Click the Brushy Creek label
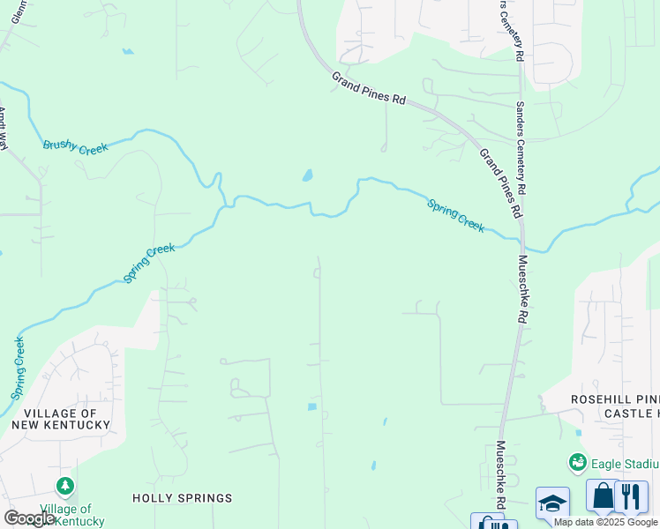[x=75, y=147]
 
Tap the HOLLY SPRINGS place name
[x=183, y=498]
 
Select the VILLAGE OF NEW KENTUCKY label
[x=61, y=419]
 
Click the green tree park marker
[x=64, y=485]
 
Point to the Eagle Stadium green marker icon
[x=578, y=461]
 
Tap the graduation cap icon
[x=552, y=503]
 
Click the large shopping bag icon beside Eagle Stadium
[x=604, y=495]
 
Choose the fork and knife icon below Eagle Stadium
[x=632, y=495]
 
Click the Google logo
[x=28, y=518]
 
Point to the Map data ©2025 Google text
[x=606, y=522]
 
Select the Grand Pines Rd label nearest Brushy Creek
[x=368, y=89]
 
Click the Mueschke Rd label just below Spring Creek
[x=522, y=289]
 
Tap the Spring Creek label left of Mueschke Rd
[x=455, y=215]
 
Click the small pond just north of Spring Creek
[x=307, y=175]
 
